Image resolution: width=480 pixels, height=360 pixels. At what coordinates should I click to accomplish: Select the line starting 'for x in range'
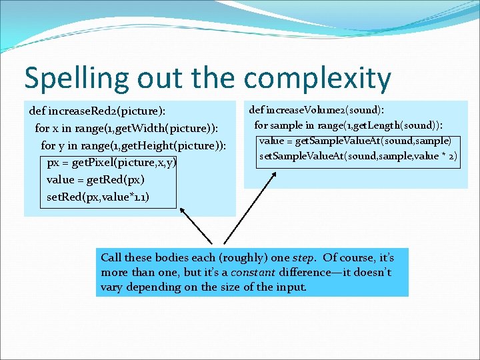coord(126,127)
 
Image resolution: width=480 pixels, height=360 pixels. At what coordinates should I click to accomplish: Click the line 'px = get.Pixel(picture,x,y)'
coord(111,162)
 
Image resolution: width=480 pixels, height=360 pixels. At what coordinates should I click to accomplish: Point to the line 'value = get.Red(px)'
coord(95,179)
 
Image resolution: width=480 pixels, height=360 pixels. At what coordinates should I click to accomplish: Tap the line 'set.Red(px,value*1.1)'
coord(98,197)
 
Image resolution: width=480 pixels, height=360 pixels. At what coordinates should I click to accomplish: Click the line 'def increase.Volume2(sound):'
coord(320,109)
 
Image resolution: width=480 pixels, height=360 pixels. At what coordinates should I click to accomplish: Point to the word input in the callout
coord(292,287)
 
